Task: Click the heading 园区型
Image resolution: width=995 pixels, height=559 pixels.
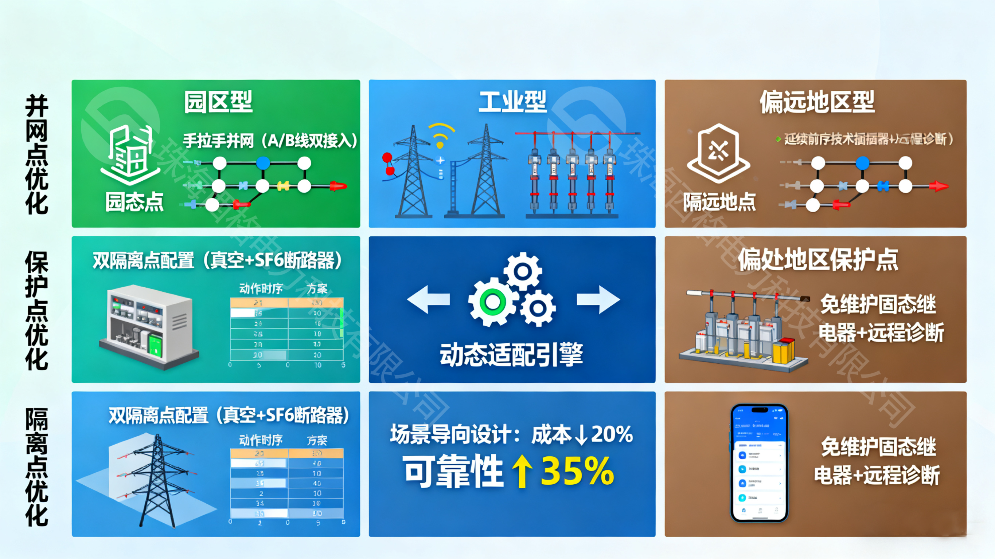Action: click(x=218, y=102)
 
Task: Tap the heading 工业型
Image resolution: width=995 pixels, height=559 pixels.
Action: click(x=512, y=102)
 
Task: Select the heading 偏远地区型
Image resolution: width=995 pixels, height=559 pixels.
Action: click(x=817, y=102)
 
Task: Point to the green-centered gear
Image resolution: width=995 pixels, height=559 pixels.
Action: click(x=492, y=302)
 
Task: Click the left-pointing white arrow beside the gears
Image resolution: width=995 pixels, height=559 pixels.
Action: click(x=429, y=300)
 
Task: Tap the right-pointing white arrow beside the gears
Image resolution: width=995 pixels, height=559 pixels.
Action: click(x=598, y=300)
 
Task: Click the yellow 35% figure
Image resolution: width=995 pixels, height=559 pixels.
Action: click(x=577, y=471)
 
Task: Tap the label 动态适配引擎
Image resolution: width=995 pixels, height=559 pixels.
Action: click(x=511, y=354)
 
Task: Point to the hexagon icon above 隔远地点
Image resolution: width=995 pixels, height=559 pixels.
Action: click(x=718, y=153)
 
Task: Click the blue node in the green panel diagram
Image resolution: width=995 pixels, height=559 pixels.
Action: click(x=263, y=163)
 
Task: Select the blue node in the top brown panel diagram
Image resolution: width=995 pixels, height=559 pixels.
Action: click(x=862, y=163)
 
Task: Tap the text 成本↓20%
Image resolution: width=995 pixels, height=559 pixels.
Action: click(x=582, y=435)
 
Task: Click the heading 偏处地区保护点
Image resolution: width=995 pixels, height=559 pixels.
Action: click(x=818, y=259)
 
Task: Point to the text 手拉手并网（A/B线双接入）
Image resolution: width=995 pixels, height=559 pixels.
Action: click(x=270, y=141)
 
